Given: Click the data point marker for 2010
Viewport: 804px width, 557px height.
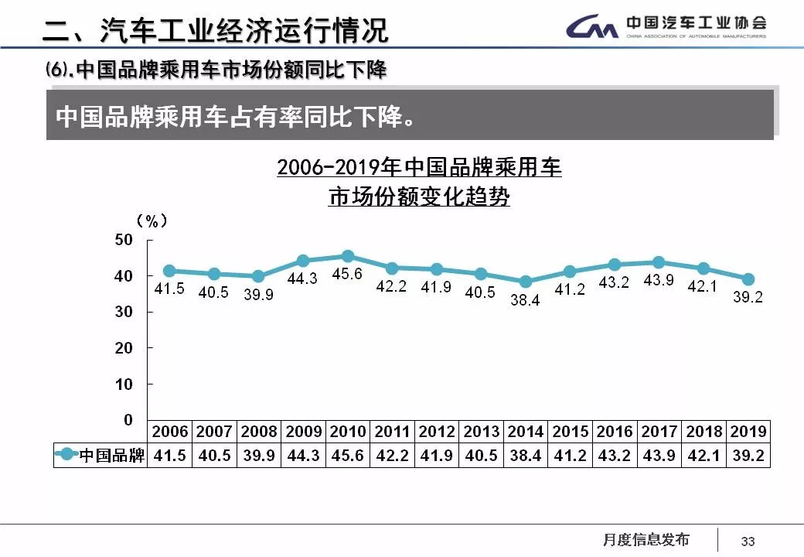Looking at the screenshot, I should point(348,256).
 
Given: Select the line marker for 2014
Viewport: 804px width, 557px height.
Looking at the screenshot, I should point(526,282).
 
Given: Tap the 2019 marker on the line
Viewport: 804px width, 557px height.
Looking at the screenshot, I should point(748,279).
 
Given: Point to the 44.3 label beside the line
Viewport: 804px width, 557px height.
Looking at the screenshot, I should point(301,279).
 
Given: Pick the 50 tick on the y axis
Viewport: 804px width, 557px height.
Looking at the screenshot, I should point(124,240).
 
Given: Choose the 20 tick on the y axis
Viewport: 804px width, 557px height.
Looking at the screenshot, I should point(124,348).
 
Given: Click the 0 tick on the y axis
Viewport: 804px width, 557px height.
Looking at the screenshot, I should point(128,420).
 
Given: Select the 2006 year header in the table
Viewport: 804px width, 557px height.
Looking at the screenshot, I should point(170,432).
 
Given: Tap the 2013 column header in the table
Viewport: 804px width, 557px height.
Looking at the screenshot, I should point(481,432).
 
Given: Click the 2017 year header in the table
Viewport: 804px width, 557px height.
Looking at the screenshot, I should point(659,432).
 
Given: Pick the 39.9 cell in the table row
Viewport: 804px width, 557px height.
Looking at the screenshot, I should point(259,456).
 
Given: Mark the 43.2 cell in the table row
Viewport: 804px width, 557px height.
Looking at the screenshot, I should point(615,456).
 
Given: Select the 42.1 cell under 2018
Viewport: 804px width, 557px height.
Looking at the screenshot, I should point(703,456).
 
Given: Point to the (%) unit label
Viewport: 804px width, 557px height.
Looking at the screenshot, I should point(152,221).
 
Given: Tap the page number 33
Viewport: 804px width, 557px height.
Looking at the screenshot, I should point(748,542).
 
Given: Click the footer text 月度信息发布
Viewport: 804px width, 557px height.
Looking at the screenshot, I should point(646,540).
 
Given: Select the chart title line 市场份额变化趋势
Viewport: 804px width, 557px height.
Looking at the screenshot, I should point(419,197).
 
